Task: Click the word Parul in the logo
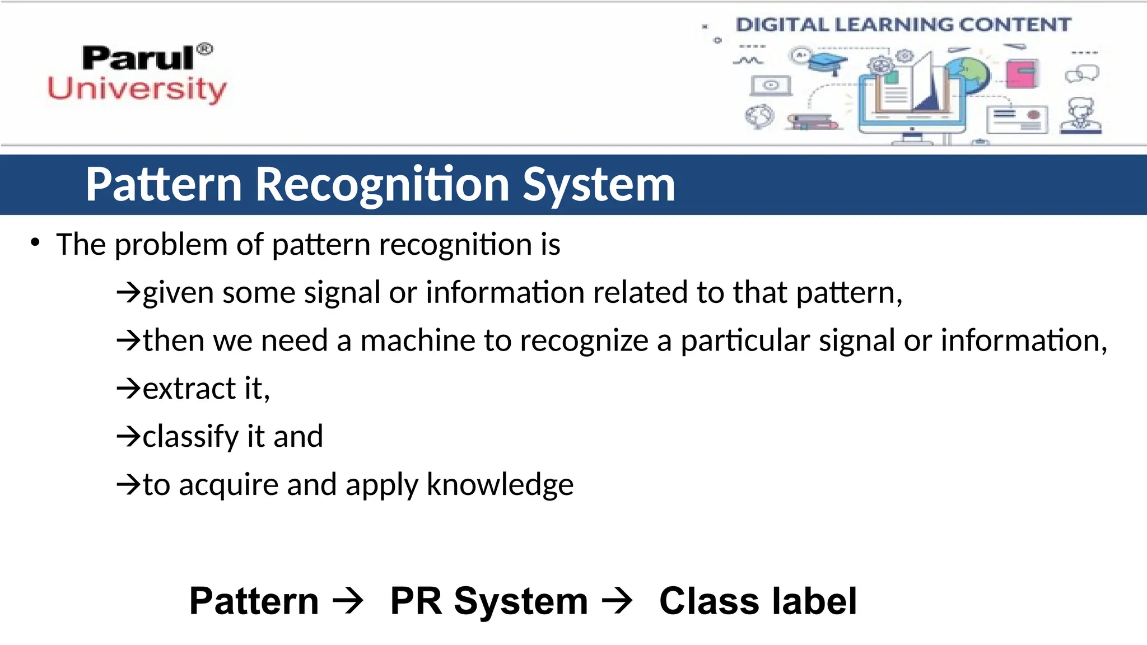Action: pyautogui.click(x=137, y=58)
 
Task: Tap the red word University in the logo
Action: pyautogui.click(x=137, y=90)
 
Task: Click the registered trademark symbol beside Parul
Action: pyautogui.click(x=205, y=49)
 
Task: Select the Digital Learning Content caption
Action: pyautogui.click(x=903, y=25)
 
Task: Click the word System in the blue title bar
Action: pyautogui.click(x=599, y=185)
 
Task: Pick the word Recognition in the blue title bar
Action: pyautogui.click(x=382, y=185)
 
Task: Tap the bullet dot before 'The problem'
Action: pyautogui.click(x=35, y=242)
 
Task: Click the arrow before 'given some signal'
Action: pyautogui.click(x=128, y=292)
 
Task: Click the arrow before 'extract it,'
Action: pyautogui.click(x=128, y=388)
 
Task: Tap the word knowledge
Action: pyautogui.click(x=500, y=484)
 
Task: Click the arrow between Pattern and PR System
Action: pyautogui.click(x=348, y=601)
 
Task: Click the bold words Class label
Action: pyautogui.click(x=758, y=601)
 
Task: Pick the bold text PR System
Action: pyautogui.click(x=488, y=601)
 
